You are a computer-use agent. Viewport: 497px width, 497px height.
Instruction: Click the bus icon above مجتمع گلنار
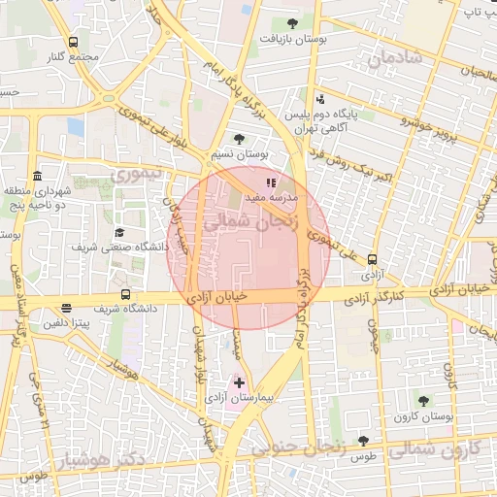click(75, 43)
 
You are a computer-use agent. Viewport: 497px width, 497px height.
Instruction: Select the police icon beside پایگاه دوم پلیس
click(320, 98)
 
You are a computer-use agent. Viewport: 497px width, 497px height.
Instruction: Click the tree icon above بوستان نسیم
click(239, 140)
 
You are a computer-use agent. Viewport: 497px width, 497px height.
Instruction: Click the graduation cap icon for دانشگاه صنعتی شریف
click(119, 233)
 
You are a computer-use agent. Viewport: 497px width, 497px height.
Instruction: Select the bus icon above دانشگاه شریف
click(124, 294)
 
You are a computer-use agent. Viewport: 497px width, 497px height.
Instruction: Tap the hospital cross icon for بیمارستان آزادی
click(240, 383)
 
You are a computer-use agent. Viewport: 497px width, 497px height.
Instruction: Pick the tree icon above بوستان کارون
click(422, 400)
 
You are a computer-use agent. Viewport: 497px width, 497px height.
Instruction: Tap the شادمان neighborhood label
click(397, 57)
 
